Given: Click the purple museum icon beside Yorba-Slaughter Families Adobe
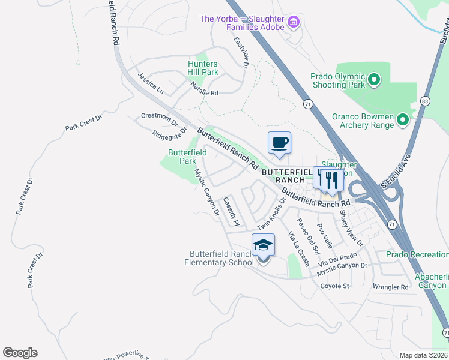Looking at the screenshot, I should tap(294, 23).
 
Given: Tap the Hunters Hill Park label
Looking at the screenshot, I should tap(203, 68).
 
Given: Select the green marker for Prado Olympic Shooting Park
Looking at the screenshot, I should tap(373, 80).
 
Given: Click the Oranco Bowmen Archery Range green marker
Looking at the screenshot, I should tap(402, 121).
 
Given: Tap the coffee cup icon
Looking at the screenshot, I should tap(279, 143).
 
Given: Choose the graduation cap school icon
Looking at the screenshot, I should tap(263, 245).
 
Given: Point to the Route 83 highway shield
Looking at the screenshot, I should tap(426, 100).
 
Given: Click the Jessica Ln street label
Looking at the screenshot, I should tap(150, 84).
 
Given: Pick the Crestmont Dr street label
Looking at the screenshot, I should tap(159, 118).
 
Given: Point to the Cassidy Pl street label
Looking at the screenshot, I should tap(231, 212).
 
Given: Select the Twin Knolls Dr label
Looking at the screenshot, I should tap(271, 216).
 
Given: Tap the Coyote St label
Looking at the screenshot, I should tap(334, 286).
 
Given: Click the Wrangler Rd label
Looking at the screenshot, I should tap(390, 287).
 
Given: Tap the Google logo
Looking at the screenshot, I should tap(20, 353).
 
